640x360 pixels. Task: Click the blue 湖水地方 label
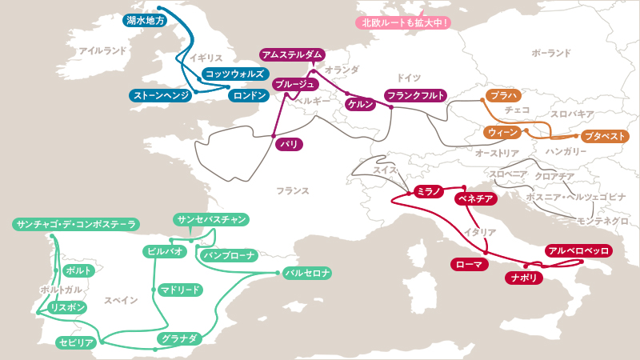point(146,21)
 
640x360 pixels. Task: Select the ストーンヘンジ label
point(161,95)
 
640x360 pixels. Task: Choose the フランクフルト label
point(415,95)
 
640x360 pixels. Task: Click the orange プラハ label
point(503,95)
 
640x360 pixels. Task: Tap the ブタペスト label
point(605,136)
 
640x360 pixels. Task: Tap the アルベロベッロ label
point(578,251)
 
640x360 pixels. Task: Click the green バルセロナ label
point(307,273)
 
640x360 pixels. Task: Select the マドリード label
point(179,290)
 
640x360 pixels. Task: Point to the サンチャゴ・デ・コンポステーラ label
point(75,225)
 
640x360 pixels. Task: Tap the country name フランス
point(293,191)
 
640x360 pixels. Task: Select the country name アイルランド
point(103,50)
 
